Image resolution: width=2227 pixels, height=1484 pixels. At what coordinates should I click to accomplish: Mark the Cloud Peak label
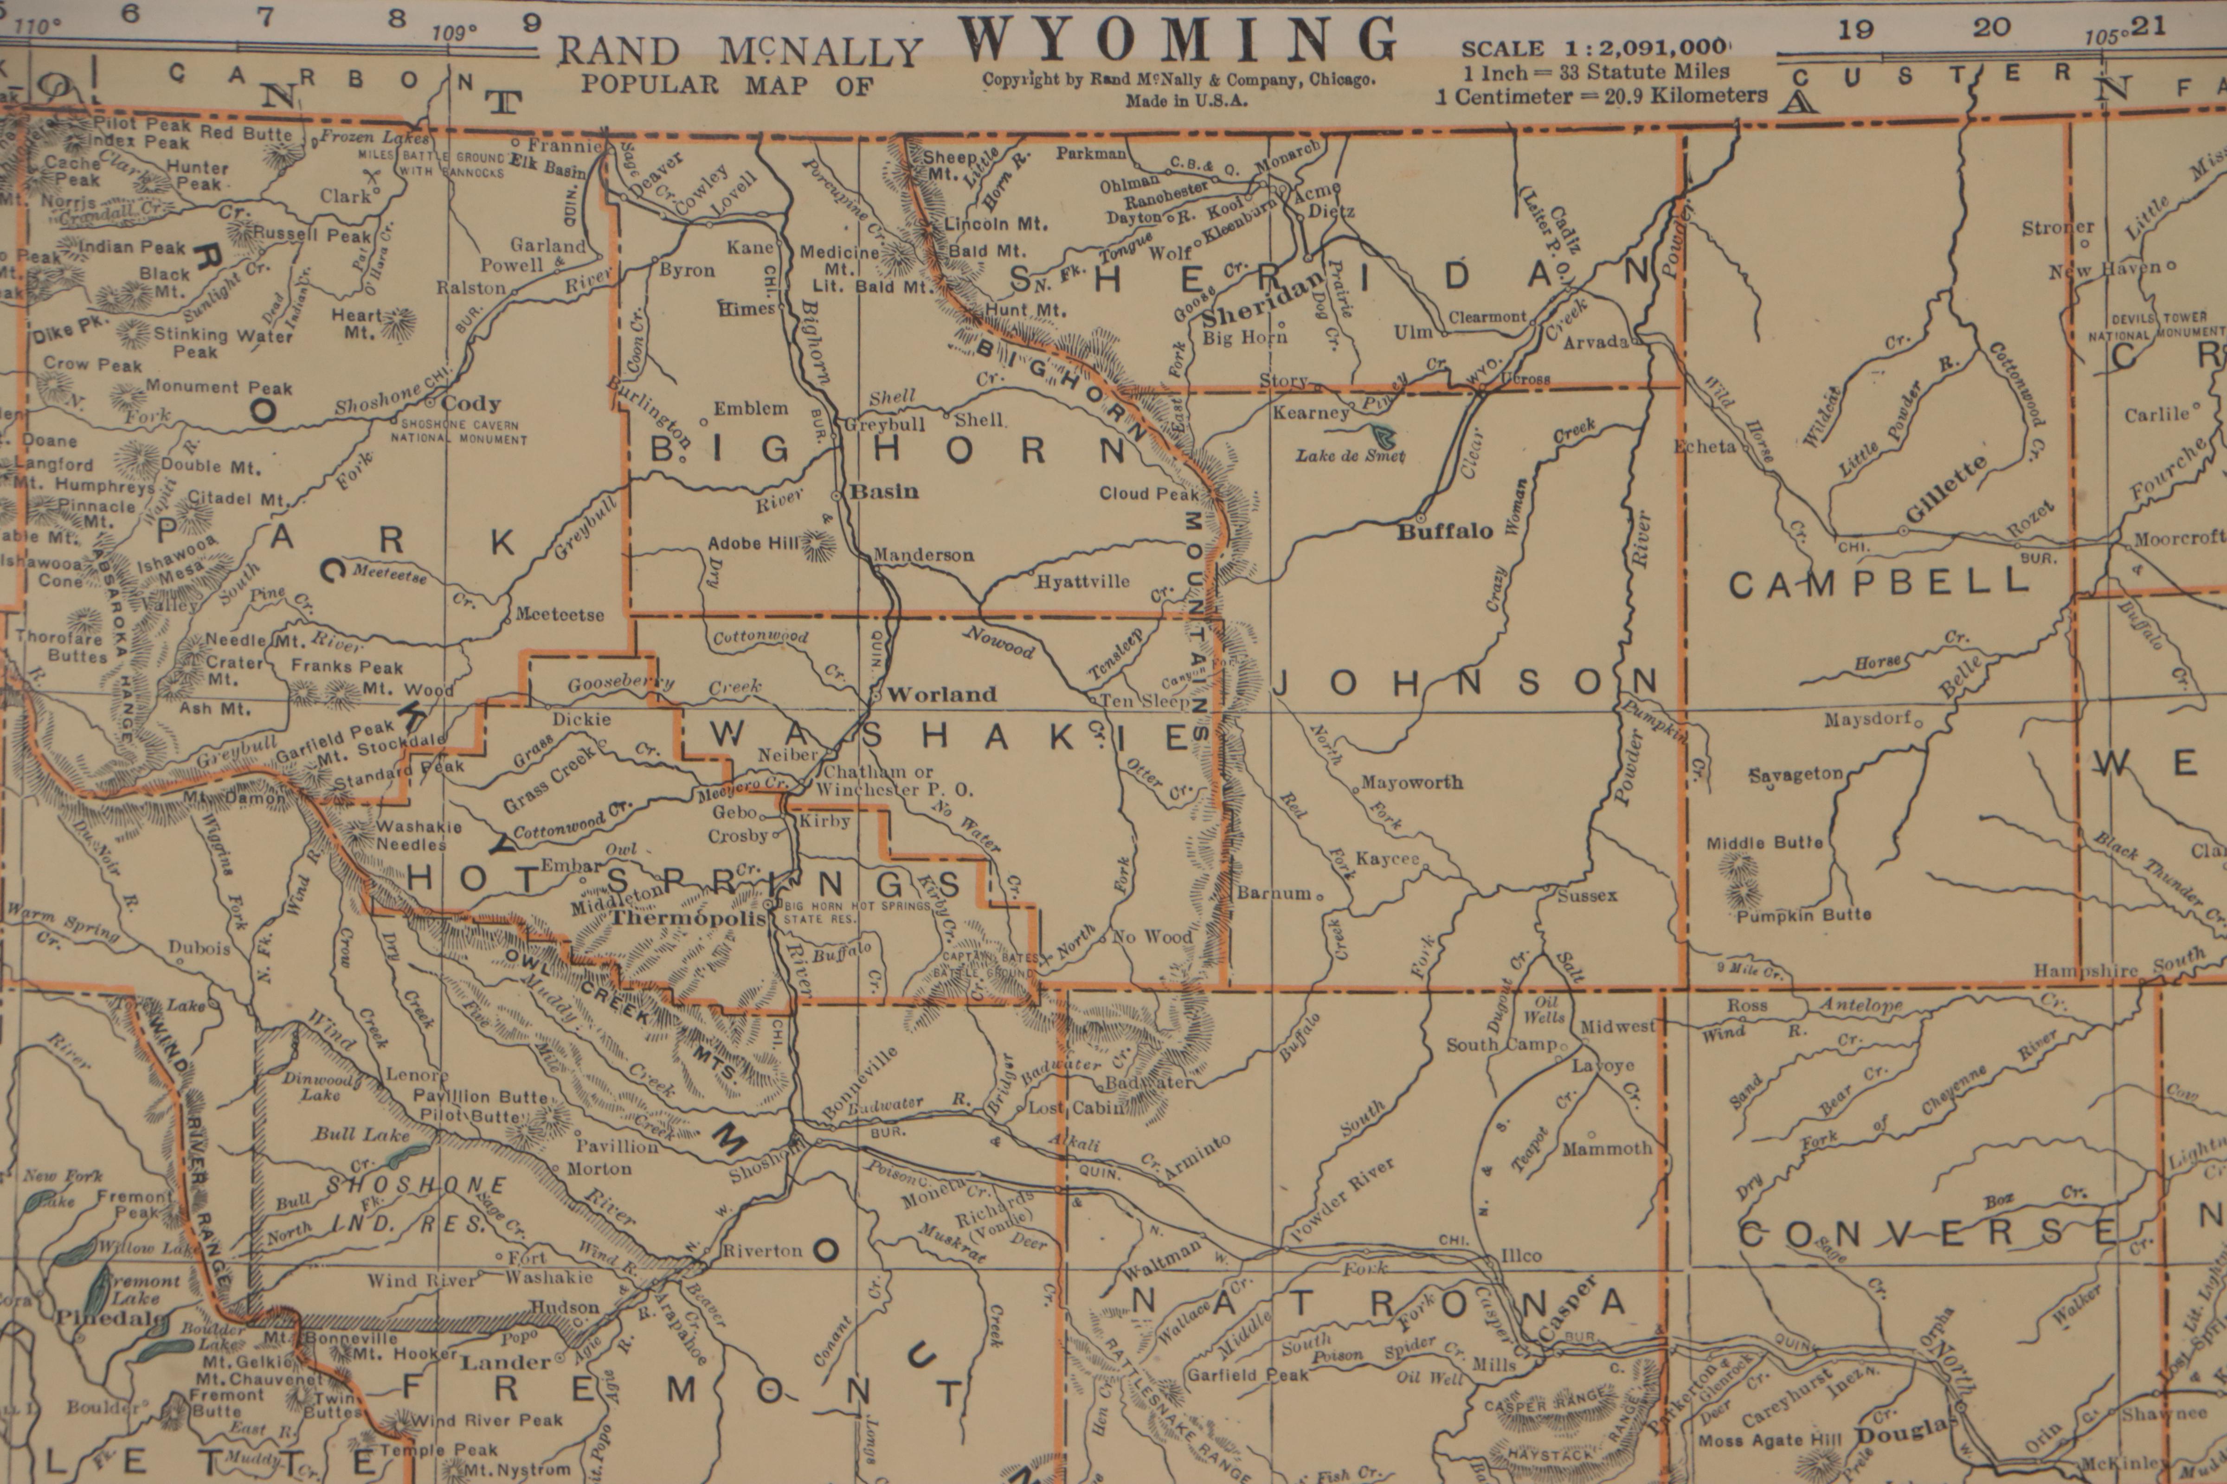[x=1149, y=493]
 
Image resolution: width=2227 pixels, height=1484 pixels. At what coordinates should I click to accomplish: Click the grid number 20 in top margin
[x=1991, y=27]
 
